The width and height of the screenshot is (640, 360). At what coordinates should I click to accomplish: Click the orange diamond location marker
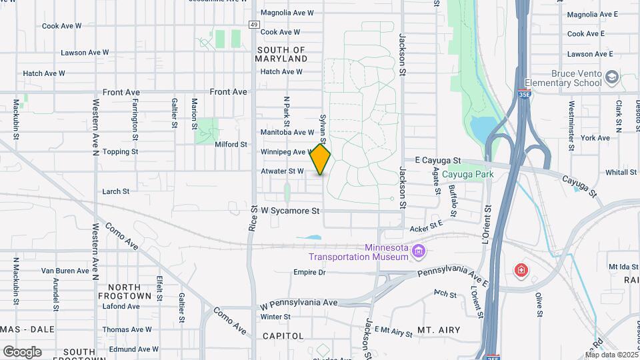(321, 159)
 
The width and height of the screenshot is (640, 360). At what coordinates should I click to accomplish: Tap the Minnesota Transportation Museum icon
(419, 251)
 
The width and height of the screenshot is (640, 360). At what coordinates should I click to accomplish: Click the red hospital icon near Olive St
(521, 271)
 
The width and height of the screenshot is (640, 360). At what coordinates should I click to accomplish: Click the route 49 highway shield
(254, 25)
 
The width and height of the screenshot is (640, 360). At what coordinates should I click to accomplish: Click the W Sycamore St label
(290, 211)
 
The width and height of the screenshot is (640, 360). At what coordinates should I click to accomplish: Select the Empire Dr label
(309, 272)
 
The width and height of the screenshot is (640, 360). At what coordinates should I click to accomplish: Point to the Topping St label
(121, 152)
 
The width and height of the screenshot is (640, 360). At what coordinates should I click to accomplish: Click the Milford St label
(231, 144)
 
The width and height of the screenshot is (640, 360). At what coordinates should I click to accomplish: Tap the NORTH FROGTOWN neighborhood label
(125, 291)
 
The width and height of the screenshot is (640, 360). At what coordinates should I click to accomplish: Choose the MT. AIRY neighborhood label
(439, 330)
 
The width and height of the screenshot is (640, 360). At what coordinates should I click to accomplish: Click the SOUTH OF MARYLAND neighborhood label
(281, 54)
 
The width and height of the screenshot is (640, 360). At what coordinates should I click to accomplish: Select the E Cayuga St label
(438, 161)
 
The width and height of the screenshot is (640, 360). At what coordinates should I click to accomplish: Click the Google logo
(22, 351)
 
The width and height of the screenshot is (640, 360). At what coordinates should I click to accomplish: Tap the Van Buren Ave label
(65, 271)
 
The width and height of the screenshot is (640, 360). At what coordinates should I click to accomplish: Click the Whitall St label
(621, 172)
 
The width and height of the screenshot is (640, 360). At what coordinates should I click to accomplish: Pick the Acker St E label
(427, 227)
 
